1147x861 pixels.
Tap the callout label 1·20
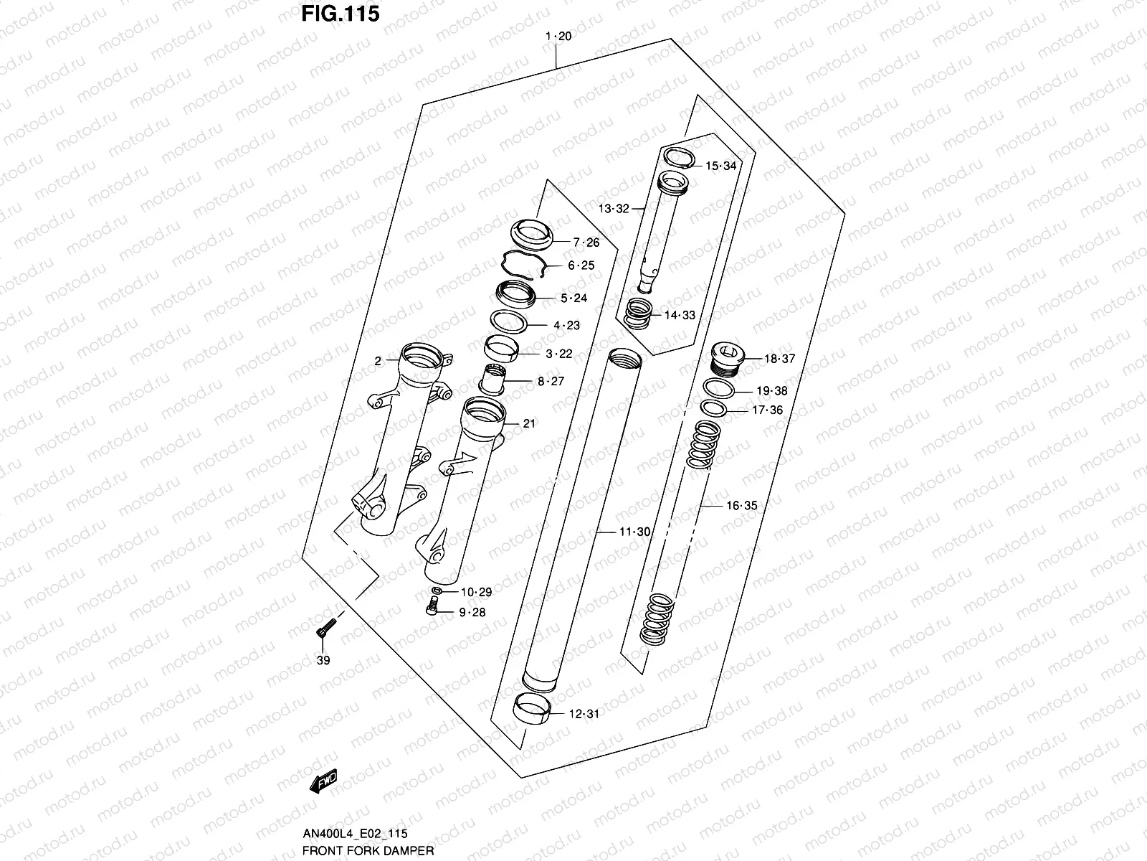click(x=558, y=37)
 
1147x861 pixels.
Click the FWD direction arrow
click(x=323, y=781)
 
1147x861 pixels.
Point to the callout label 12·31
click(x=584, y=714)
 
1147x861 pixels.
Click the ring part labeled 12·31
click(x=533, y=709)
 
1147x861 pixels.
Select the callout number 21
click(x=529, y=423)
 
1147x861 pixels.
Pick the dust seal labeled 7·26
click(x=532, y=235)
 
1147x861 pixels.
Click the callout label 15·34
click(x=720, y=166)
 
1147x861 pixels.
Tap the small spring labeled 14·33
click(x=639, y=314)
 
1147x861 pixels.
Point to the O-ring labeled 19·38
click(x=719, y=389)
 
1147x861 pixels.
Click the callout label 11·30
click(x=634, y=532)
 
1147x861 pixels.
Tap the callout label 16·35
click(x=741, y=506)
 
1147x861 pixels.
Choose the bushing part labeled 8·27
click(x=492, y=379)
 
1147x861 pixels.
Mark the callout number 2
click(x=378, y=362)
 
